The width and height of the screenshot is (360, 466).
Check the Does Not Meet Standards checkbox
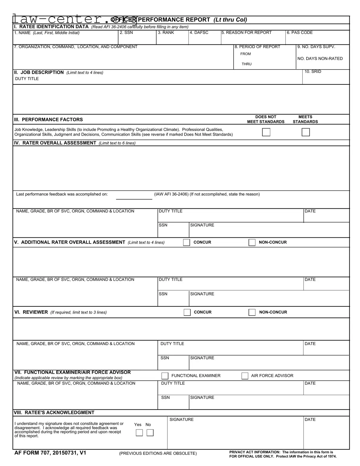point(266,132)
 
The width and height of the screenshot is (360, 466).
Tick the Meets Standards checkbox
point(306,132)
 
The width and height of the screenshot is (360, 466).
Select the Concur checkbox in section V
point(186,243)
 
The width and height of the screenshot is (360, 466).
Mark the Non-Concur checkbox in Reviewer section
point(252,312)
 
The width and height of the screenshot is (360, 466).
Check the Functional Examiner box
point(165,376)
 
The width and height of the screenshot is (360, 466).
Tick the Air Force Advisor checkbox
point(245,376)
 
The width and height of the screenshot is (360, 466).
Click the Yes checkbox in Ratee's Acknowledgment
point(139,433)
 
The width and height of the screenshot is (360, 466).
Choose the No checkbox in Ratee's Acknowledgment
point(150,433)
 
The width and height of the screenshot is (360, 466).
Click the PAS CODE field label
point(300,33)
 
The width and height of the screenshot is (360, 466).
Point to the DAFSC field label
point(199,33)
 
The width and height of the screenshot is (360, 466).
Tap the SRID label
point(313,72)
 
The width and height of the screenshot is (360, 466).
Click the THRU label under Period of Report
point(246,64)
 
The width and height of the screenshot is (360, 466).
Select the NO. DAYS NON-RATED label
point(320,59)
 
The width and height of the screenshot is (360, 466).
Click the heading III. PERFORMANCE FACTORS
point(48,119)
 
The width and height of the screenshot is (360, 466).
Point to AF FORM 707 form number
point(50,453)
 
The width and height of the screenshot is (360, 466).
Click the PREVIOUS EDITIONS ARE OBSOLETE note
point(158,453)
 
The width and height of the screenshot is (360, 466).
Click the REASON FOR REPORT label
point(246,33)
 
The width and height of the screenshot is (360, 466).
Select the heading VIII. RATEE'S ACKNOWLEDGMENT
point(54,412)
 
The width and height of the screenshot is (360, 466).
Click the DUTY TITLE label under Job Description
point(27,79)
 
